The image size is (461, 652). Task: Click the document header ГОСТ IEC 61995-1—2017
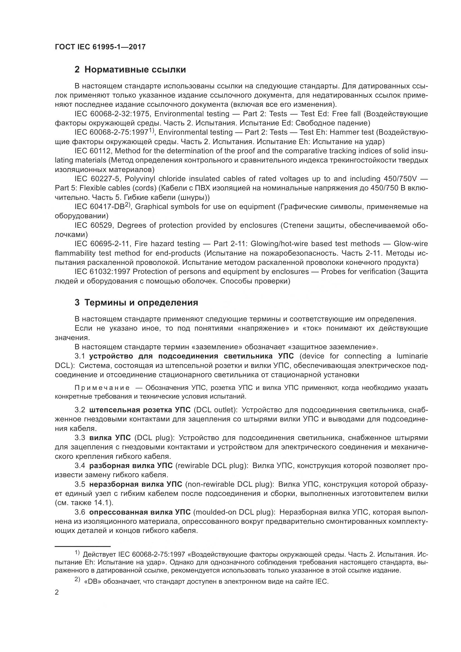click(100, 47)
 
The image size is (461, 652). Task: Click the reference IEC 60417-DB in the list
click(99, 207)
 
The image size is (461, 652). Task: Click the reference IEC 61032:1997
click(102, 272)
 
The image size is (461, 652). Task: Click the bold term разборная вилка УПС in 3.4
click(131, 466)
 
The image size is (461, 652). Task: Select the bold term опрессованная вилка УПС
click(140, 512)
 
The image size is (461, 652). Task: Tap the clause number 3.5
click(80, 484)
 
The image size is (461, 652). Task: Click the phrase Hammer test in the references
click(352, 132)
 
